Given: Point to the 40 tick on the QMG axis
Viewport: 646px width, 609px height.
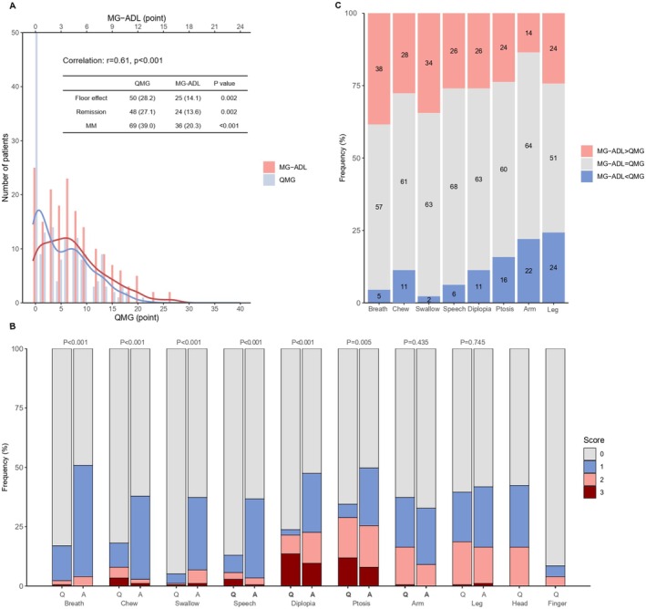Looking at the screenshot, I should point(240,311).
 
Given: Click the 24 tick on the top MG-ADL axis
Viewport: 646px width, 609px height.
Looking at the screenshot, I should point(240,26).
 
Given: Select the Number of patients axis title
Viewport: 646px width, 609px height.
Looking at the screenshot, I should point(7,167).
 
